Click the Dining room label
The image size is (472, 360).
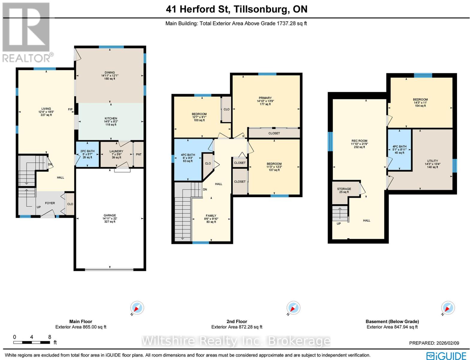110,73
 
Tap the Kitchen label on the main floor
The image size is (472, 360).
111,118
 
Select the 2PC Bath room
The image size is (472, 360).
87,154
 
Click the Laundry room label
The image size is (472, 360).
116,151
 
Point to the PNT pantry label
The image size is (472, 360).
138,154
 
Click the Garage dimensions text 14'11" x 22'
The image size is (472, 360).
110,219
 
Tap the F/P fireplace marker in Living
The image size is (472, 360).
70,109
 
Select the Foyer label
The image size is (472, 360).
50,203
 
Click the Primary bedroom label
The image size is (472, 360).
265,98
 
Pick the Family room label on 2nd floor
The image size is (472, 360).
211,216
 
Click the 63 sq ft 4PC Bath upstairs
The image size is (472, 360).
188,158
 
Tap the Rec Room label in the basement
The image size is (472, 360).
359,141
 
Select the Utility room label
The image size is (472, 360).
432,161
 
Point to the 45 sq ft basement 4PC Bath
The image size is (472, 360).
399,149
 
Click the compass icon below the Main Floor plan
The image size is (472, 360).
137,308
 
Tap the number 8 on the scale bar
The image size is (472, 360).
50,337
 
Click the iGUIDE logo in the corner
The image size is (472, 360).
446,355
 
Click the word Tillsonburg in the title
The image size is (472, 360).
260,9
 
